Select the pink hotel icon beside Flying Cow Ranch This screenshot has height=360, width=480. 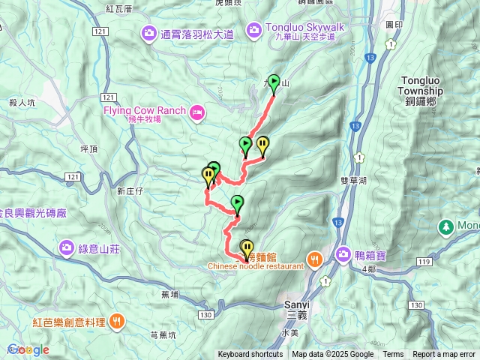point(197,113)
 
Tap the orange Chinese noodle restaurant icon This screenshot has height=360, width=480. point(314,259)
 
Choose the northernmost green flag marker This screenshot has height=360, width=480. point(274,82)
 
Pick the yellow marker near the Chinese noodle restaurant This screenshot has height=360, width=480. point(247,247)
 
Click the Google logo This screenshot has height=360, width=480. point(28,349)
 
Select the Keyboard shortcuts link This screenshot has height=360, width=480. point(250,355)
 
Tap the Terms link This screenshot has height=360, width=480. point(393,355)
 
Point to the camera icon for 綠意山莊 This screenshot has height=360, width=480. point(67,247)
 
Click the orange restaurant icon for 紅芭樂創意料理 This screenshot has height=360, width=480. point(116,322)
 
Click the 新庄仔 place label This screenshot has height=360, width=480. point(130,191)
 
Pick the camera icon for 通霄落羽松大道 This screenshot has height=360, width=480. point(148,33)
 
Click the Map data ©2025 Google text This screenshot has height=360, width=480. point(332,355)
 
